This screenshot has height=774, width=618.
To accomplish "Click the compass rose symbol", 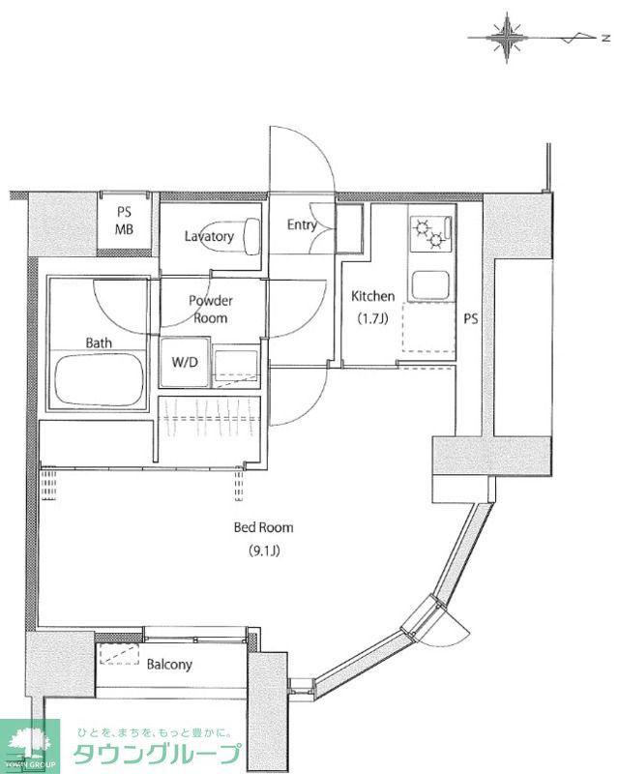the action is (x=507, y=38).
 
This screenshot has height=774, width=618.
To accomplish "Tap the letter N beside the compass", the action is (x=605, y=38).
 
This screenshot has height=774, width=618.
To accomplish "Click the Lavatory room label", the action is (x=209, y=236).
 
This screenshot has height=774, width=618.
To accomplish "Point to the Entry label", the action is (x=302, y=225).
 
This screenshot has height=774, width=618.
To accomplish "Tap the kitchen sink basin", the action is (x=430, y=285).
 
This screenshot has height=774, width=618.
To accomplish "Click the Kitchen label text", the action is (x=373, y=296).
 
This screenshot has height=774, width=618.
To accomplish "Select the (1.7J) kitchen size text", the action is (x=373, y=319).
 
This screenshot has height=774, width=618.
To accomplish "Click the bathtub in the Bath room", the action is (x=100, y=379).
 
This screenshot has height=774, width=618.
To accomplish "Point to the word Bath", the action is (x=99, y=342).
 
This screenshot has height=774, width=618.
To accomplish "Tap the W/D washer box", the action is (x=184, y=362).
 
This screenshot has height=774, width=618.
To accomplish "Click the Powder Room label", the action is (x=211, y=309).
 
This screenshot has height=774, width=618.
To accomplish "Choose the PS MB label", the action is (x=125, y=221).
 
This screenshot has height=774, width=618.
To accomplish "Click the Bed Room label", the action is (x=264, y=527).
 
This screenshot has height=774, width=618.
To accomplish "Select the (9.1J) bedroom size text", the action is (x=264, y=551).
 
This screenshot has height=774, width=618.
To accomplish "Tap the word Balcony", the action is (x=169, y=665).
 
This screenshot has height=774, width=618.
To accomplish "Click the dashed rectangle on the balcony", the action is (x=120, y=654).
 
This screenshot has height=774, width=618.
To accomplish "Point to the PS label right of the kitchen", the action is (x=471, y=319).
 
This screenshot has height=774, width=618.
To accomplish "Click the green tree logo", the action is (x=30, y=743).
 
